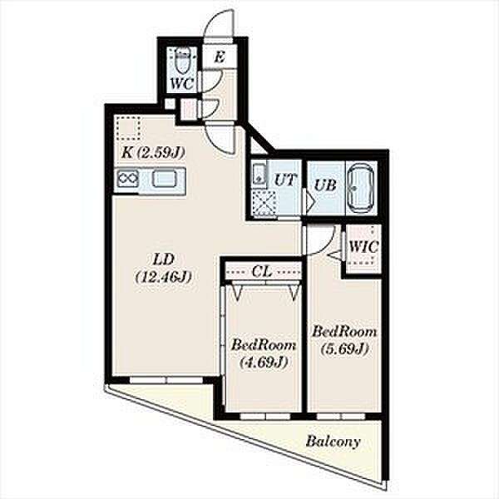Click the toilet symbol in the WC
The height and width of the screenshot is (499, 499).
(182, 60)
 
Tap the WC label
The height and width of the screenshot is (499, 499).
(181, 84)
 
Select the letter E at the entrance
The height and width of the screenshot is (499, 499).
(220, 57)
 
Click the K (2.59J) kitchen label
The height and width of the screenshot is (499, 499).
(153, 153)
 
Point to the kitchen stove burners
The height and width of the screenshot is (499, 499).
(127, 179)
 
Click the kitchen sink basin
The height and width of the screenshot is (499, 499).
(164, 179)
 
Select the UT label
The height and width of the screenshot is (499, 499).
(285, 180)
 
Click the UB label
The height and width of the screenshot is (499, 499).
(325, 185)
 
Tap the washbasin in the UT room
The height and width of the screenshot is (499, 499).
(259, 174)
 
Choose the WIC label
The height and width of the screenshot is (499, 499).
(363, 246)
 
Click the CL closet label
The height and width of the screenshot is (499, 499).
(262, 271)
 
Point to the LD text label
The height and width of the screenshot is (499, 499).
(163, 259)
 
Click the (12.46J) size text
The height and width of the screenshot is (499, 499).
(164, 277)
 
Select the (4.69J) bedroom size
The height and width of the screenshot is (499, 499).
(264, 362)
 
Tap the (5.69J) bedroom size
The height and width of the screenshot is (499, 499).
(345, 348)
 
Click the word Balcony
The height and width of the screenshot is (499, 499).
(333, 442)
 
